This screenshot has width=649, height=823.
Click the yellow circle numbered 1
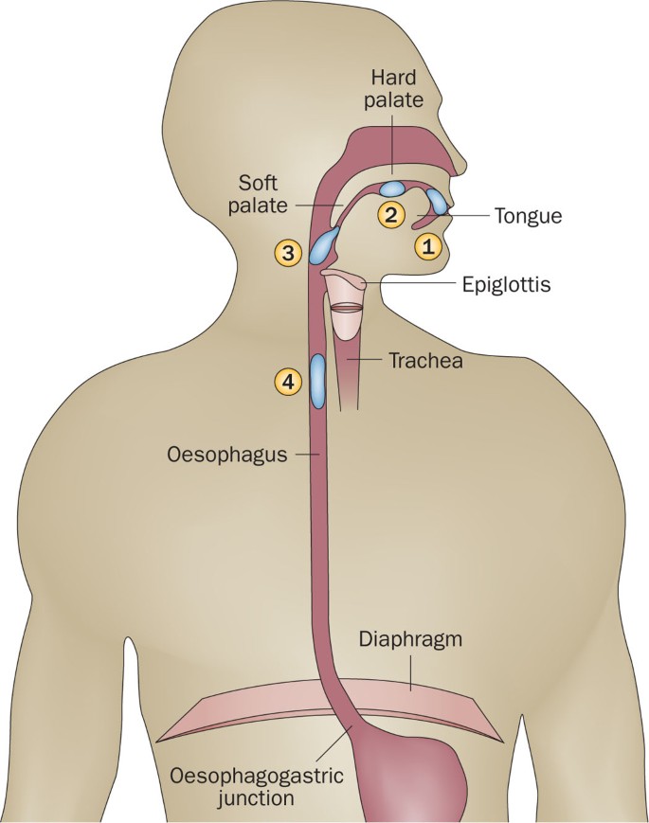click(427, 247)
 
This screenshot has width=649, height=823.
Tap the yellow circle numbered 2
click(388, 214)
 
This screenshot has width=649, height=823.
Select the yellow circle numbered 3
click(287, 252)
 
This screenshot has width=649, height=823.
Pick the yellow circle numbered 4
click(287, 381)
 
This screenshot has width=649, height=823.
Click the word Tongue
click(528, 216)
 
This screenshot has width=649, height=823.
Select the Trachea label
click(424, 361)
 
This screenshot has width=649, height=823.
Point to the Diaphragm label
click(410, 638)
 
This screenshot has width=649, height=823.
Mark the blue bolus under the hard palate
click(395, 188)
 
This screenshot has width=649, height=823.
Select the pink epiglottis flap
click(343, 278)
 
